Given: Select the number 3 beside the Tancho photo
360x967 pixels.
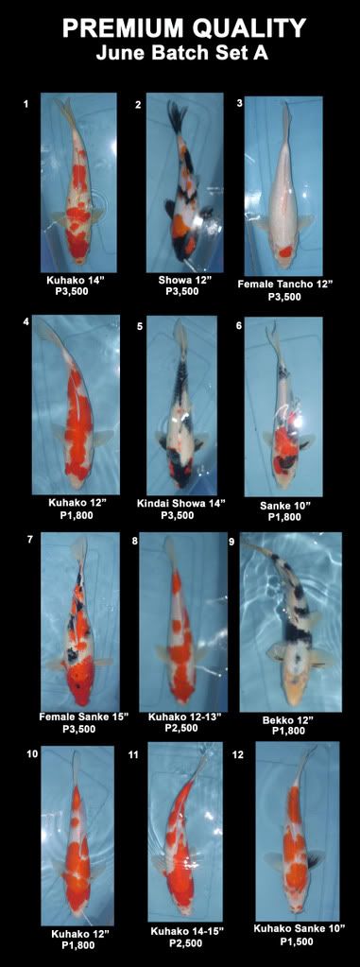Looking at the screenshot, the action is pos(239,103).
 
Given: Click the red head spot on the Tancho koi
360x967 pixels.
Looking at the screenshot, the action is pos(284,250).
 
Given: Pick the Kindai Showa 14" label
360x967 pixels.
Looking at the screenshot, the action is pos(181,503).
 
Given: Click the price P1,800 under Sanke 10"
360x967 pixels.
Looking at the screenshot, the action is pos(284,517).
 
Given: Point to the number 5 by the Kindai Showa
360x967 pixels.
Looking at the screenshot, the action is pos(141,326).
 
